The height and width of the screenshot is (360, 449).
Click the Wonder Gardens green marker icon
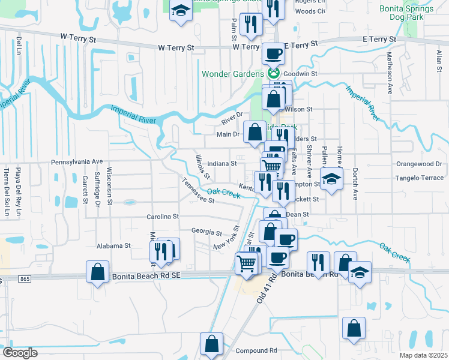coord(274,73)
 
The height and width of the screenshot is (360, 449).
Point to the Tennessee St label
coord(198,193)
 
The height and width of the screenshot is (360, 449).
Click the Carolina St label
coord(163,216)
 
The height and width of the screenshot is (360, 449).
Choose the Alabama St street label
coord(113,246)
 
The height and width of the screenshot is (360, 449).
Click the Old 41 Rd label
coord(268,288)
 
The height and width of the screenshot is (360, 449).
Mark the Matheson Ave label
coord(389,72)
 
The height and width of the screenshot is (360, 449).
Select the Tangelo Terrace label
coord(419,178)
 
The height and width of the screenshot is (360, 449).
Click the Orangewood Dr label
coord(419,163)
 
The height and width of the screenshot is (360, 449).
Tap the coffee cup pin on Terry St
coord(273,53)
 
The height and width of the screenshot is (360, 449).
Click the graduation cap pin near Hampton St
coord(331,178)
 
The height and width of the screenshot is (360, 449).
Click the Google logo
coord(20,353)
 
